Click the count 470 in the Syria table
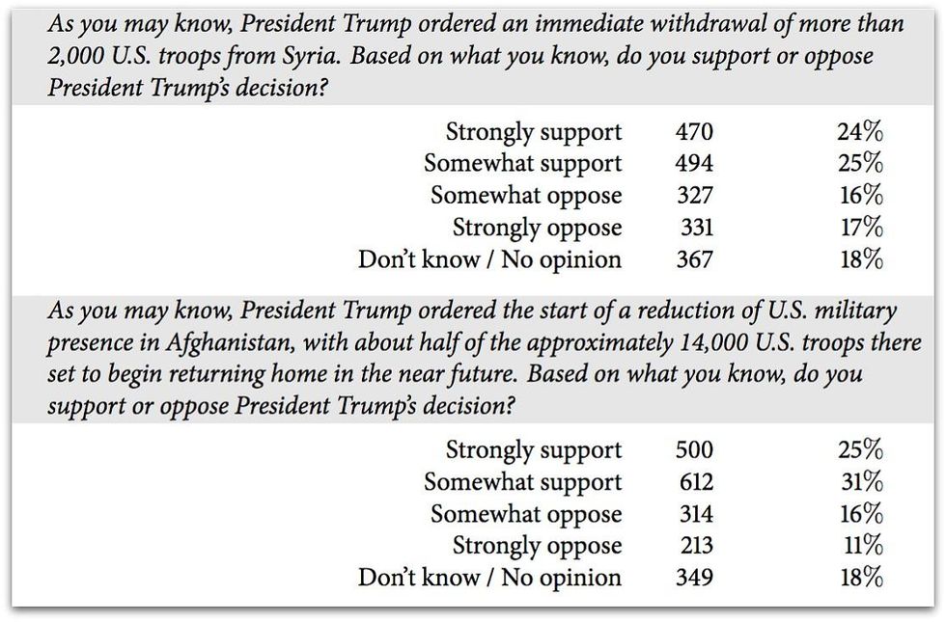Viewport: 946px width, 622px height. pyautogui.click(x=694, y=132)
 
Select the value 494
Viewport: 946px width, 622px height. pyautogui.click(x=694, y=164)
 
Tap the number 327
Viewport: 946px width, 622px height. pyautogui.click(x=694, y=196)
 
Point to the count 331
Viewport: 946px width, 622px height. pyautogui.click(x=695, y=228)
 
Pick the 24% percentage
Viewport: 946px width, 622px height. pyautogui.click(x=860, y=132)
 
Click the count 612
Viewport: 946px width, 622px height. pyautogui.click(x=694, y=482)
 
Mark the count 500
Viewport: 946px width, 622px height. pyautogui.click(x=694, y=450)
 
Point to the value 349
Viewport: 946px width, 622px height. pyautogui.click(x=694, y=578)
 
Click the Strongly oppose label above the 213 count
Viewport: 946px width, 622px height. pyautogui.click(x=538, y=547)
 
